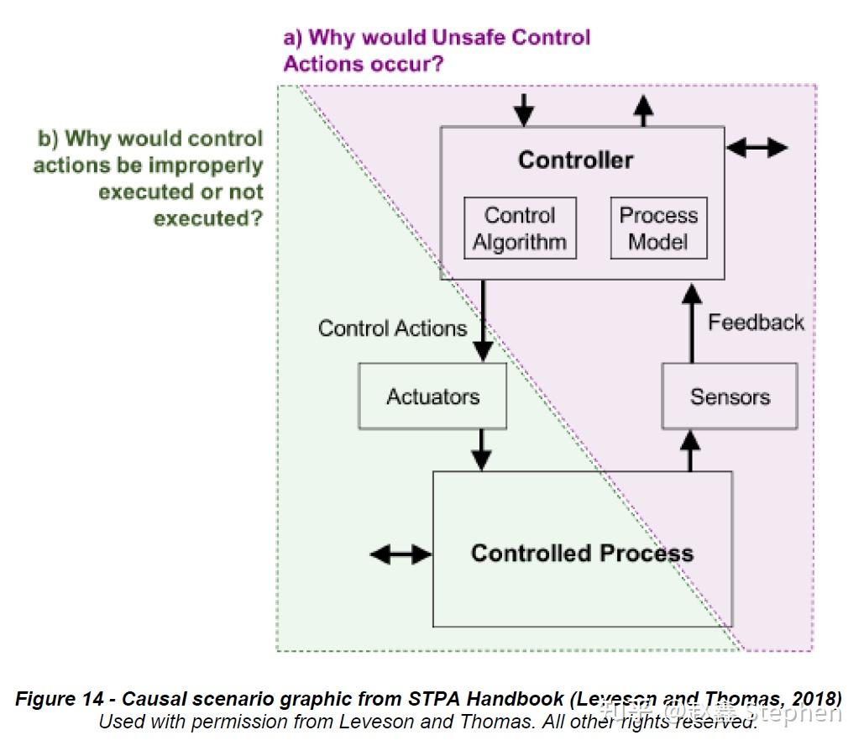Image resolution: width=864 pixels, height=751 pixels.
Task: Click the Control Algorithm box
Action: coord(521,228)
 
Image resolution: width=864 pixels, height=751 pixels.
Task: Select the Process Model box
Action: coord(658,228)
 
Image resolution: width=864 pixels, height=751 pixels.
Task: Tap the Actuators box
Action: coord(432,396)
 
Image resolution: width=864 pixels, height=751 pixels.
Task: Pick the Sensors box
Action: coord(730,396)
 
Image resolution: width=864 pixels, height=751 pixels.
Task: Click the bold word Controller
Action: coord(575,160)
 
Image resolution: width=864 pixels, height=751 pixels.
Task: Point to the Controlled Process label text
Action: coord(582,553)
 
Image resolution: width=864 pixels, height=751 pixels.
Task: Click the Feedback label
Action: coord(756,322)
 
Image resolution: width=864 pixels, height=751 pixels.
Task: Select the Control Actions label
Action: coord(392,328)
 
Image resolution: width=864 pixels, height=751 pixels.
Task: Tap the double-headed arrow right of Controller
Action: coord(757,147)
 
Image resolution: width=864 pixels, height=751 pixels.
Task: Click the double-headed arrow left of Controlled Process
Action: coord(401,554)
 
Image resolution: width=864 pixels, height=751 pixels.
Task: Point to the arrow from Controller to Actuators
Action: coord(484,321)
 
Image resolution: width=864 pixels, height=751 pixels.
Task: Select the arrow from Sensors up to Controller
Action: coord(692,323)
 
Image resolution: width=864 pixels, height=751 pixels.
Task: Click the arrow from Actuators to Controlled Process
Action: coord(482,450)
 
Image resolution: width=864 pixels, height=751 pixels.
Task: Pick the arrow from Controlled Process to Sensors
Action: coord(690,451)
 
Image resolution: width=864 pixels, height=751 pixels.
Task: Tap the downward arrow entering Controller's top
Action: coord(523,110)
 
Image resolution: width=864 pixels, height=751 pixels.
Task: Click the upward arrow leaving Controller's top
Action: coord(643,111)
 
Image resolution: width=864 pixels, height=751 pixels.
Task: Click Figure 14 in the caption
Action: coord(60,699)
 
